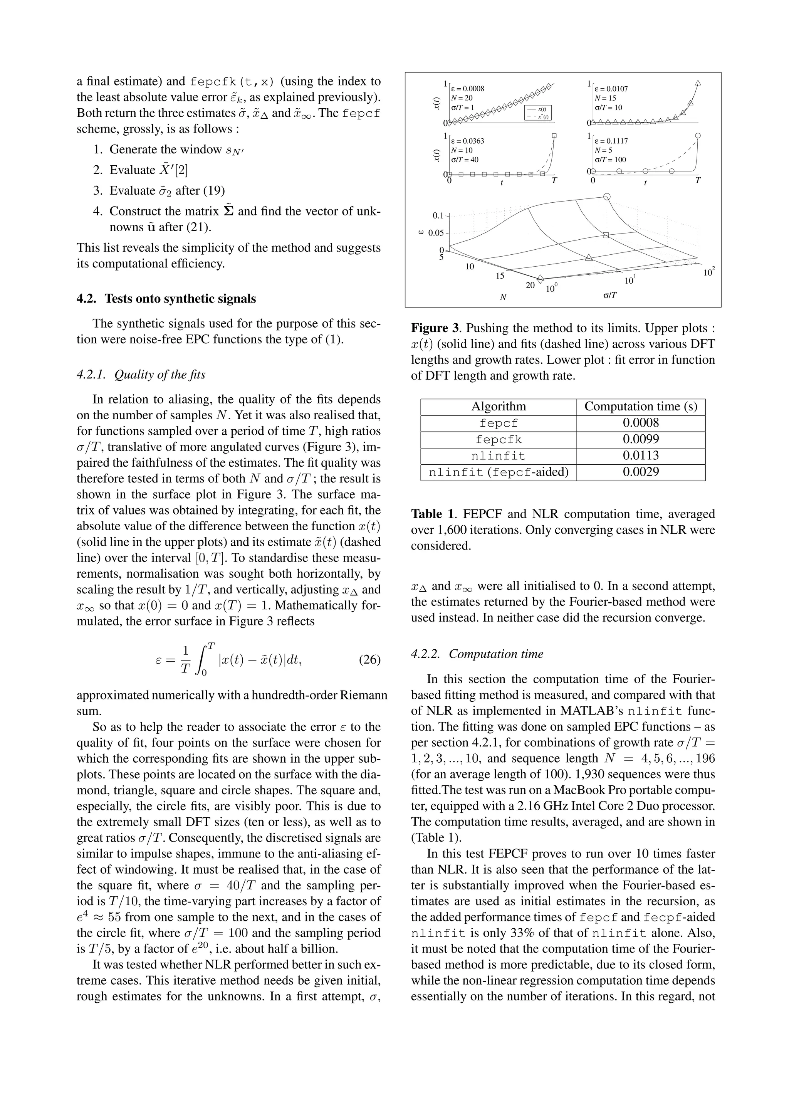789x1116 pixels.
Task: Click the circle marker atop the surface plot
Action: pyautogui.click(x=606, y=197)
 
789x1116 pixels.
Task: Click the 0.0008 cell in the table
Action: pyautogui.click(x=640, y=423)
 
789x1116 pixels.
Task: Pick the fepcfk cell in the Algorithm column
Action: pyautogui.click(x=499, y=439)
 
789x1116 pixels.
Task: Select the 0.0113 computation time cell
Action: pyautogui.click(x=640, y=456)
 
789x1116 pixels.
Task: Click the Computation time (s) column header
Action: pyautogui.click(x=640, y=406)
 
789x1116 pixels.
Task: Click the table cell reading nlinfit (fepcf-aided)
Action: pyautogui.click(x=499, y=472)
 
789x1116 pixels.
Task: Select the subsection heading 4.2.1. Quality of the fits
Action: pyautogui.click(x=141, y=374)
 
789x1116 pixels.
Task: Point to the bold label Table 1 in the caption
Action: pyautogui.click(x=433, y=514)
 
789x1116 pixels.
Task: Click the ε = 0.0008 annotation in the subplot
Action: pyautogui.click(x=468, y=89)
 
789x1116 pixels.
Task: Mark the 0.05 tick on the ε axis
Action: pyautogui.click(x=436, y=233)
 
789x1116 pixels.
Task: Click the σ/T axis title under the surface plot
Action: pyautogui.click(x=610, y=295)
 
